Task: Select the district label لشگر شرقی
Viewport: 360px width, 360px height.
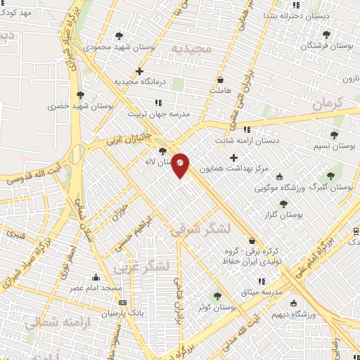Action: (x=200, y=229)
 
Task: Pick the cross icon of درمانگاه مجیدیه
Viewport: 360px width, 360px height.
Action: (x=139, y=70)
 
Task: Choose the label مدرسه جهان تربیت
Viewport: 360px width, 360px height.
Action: (x=159, y=113)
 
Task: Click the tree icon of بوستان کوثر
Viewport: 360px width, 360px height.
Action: (x=218, y=297)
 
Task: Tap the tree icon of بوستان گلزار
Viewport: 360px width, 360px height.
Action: (x=283, y=203)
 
